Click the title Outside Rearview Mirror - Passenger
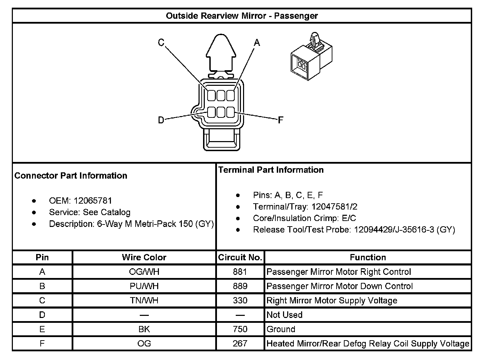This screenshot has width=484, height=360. (x=242, y=16)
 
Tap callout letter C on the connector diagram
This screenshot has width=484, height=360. (x=161, y=42)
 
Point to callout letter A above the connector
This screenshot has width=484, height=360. (x=257, y=42)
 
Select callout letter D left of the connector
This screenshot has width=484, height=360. (x=161, y=120)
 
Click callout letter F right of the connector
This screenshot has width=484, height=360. (x=281, y=120)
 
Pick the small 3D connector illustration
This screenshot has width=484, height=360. (x=311, y=56)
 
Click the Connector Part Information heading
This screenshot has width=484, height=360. (x=71, y=175)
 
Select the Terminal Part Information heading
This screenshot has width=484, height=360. (x=271, y=170)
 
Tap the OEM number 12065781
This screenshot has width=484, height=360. (x=93, y=201)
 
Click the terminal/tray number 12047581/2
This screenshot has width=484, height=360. (x=334, y=206)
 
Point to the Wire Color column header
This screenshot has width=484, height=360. (x=144, y=257)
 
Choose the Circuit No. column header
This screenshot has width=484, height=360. (x=240, y=257)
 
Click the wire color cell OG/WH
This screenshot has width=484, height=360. (x=144, y=272)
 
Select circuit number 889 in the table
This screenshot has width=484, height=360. (x=240, y=286)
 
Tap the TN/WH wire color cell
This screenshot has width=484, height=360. (x=144, y=300)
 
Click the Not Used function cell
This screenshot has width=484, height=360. (x=284, y=315)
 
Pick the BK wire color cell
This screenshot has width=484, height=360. (x=144, y=329)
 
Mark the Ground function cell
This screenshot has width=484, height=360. (x=281, y=329)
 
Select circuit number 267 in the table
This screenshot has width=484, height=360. (x=240, y=344)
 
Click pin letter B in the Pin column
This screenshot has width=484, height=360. (x=42, y=286)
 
